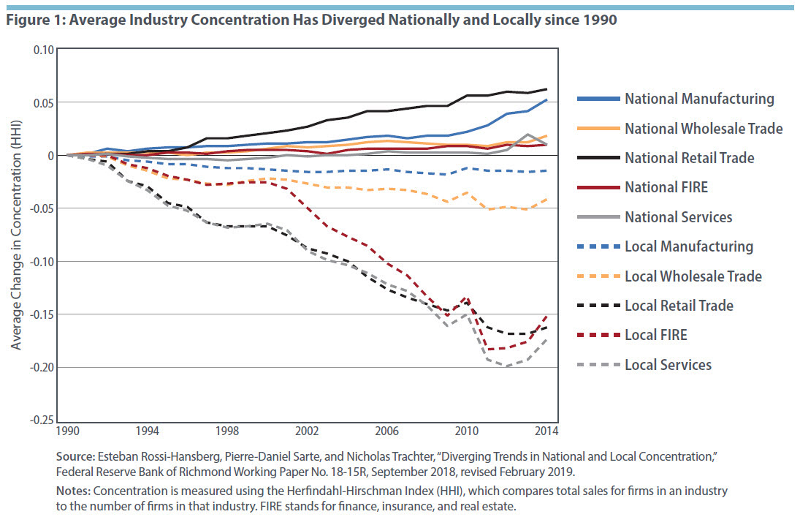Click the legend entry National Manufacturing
[x=698, y=99]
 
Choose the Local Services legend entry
[x=668, y=364]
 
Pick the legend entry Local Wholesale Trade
[x=693, y=276]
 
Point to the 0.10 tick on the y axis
[x=45, y=50]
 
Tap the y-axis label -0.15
[x=42, y=314]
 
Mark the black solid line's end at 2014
[x=546, y=89]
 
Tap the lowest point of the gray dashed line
[x=506, y=366]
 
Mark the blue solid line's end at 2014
[x=546, y=100]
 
